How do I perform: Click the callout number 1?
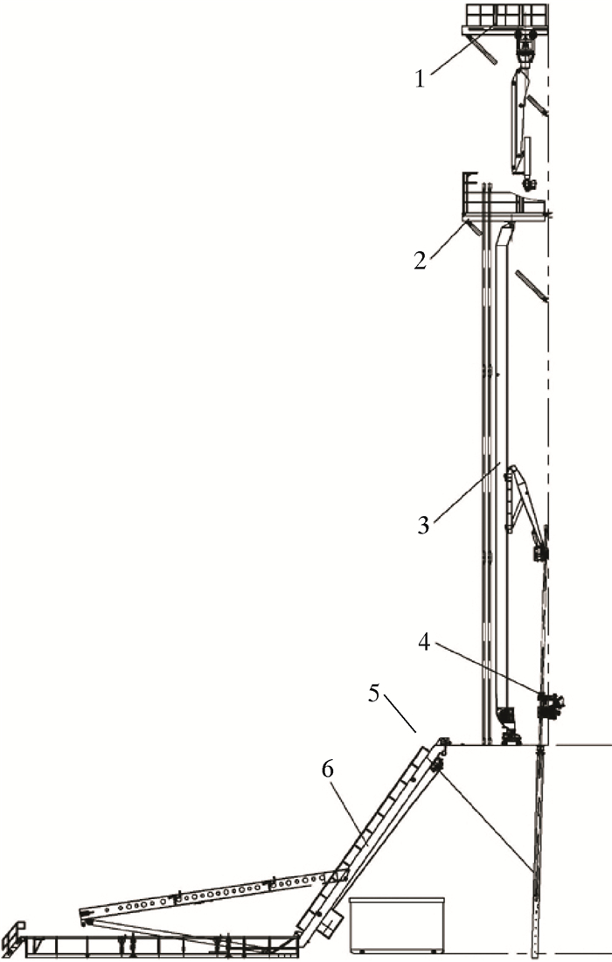coord(420,79)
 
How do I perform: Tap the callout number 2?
coord(420,260)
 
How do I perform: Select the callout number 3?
coord(423,526)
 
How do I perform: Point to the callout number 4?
coord(424,643)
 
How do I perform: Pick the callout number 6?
coord(328,770)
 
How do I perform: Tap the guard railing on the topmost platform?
coord(506,14)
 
